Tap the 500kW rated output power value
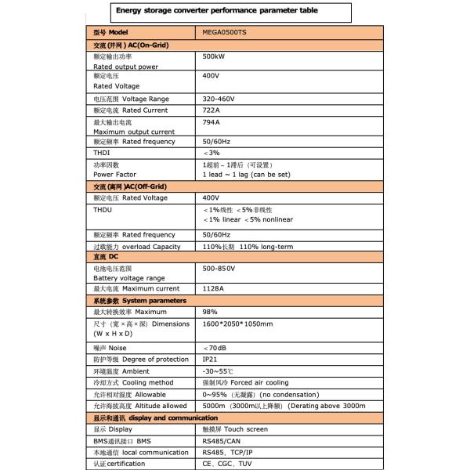(x=213, y=57)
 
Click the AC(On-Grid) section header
(x=131, y=45)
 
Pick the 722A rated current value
(x=212, y=110)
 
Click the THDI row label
(x=101, y=153)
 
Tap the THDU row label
(x=102, y=210)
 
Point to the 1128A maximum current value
(x=214, y=289)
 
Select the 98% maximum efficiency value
(x=210, y=312)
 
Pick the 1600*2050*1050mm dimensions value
(x=237, y=324)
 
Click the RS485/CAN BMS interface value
(x=222, y=441)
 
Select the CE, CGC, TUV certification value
(x=227, y=465)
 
